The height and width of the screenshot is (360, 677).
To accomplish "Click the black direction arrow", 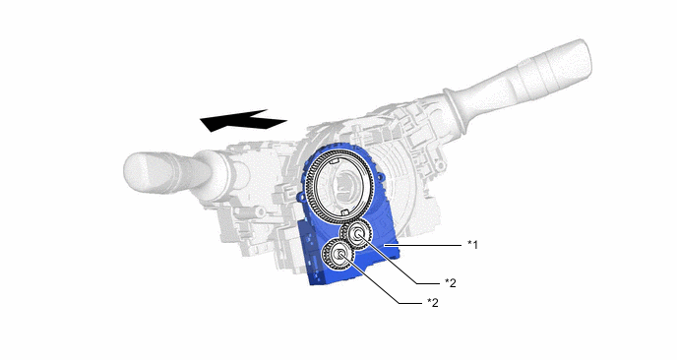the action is tap(242, 120).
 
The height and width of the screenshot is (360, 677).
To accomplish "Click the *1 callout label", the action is tap(472, 245).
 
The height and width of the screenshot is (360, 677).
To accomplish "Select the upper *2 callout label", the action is tap(451, 282).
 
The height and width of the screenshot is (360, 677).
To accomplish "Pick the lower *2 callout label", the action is tap(433, 303).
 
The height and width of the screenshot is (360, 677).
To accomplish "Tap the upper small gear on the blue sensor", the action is tap(357, 235).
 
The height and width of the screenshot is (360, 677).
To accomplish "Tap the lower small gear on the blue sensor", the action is tap(339, 254).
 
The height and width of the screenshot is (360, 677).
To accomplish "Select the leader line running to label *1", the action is tap(422, 245).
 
